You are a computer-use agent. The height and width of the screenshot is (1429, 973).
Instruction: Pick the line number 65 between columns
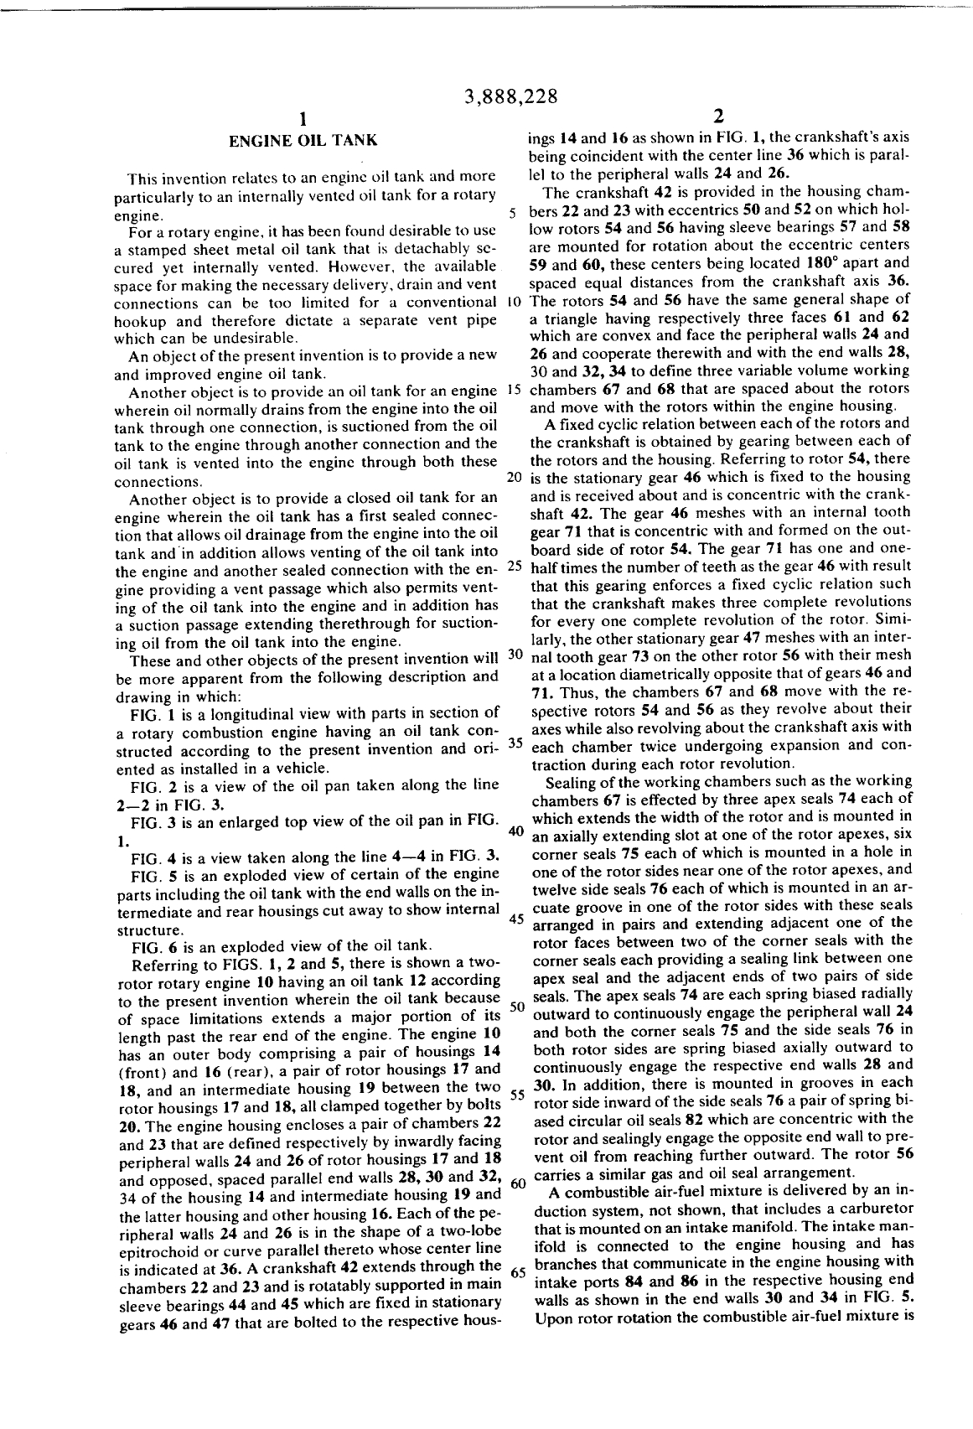(x=516, y=1271)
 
